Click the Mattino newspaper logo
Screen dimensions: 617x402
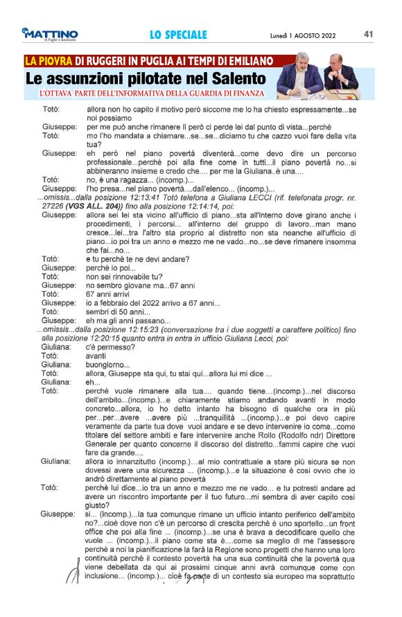tap(50, 34)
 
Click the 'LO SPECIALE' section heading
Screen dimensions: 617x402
tap(178, 35)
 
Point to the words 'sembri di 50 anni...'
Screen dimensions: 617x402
tap(119, 311)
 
